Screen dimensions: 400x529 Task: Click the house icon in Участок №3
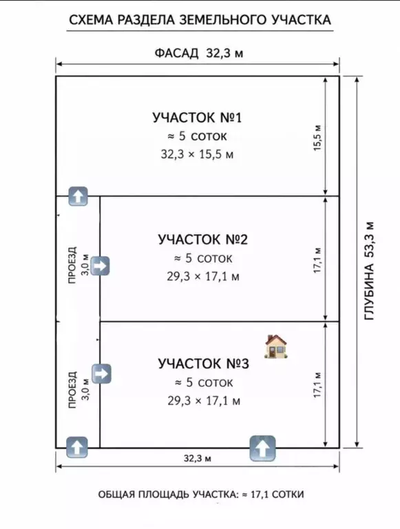276,346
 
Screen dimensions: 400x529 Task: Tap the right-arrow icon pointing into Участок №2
100,266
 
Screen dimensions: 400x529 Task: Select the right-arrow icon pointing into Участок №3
101,374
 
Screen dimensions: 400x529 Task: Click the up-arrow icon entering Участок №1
78,197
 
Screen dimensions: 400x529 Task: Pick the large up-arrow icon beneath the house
262,448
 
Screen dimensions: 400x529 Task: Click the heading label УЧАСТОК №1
197,118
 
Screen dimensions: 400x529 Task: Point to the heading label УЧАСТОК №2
202,239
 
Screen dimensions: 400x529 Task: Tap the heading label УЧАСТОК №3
203,363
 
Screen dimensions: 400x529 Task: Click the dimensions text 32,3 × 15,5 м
197,154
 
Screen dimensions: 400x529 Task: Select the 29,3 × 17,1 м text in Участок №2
203,277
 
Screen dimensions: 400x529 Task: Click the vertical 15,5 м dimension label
317,138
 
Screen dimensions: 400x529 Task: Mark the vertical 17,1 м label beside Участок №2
317,261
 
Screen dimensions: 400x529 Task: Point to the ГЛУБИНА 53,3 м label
369,271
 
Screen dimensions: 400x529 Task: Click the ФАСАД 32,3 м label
199,53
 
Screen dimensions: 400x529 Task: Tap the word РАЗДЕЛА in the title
146,20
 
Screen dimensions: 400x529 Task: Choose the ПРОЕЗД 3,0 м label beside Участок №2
78,265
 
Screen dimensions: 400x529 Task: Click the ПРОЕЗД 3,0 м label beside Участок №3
78,390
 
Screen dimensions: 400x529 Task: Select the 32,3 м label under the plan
198,458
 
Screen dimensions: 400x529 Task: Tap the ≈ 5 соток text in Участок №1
198,137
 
